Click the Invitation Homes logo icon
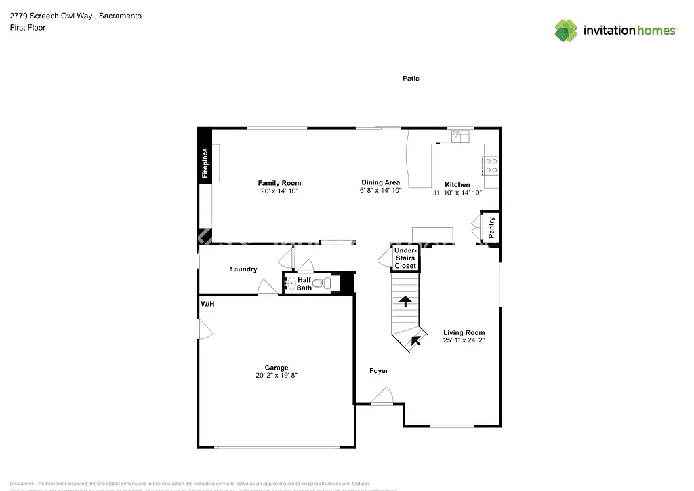[566, 30]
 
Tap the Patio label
[411, 79]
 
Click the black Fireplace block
[205, 163]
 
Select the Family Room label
[279, 183]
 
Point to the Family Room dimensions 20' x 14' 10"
[279, 192]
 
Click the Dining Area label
[380, 182]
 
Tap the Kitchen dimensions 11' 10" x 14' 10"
[457, 193]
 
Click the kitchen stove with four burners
[491, 165]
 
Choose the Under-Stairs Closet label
[405, 258]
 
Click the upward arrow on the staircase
[405, 301]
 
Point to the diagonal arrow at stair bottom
[415, 340]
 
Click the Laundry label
[243, 269]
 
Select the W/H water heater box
[207, 304]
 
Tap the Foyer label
[379, 371]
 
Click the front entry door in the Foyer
[382, 397]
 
